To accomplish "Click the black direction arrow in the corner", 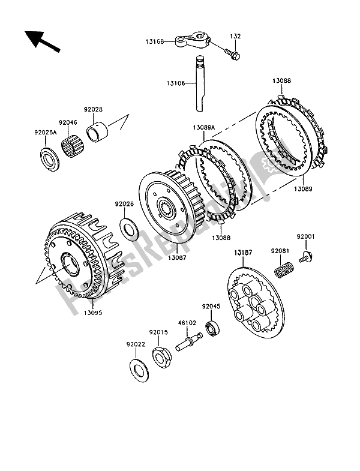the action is click(41, 41).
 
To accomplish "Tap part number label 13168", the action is click(155, 42).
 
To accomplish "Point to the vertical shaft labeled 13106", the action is click(200, 83).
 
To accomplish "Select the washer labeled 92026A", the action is click(50, 160).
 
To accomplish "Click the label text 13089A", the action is click(204, 128).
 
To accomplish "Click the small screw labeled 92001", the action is click(306, 257).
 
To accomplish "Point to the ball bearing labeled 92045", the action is click(213, 328).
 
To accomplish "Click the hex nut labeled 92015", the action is click(161, 358).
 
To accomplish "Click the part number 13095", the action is click(93, 313).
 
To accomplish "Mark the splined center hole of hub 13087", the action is click(166, 208).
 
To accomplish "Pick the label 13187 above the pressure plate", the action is click(243, 253).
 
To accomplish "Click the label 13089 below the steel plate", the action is click(303, 189).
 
